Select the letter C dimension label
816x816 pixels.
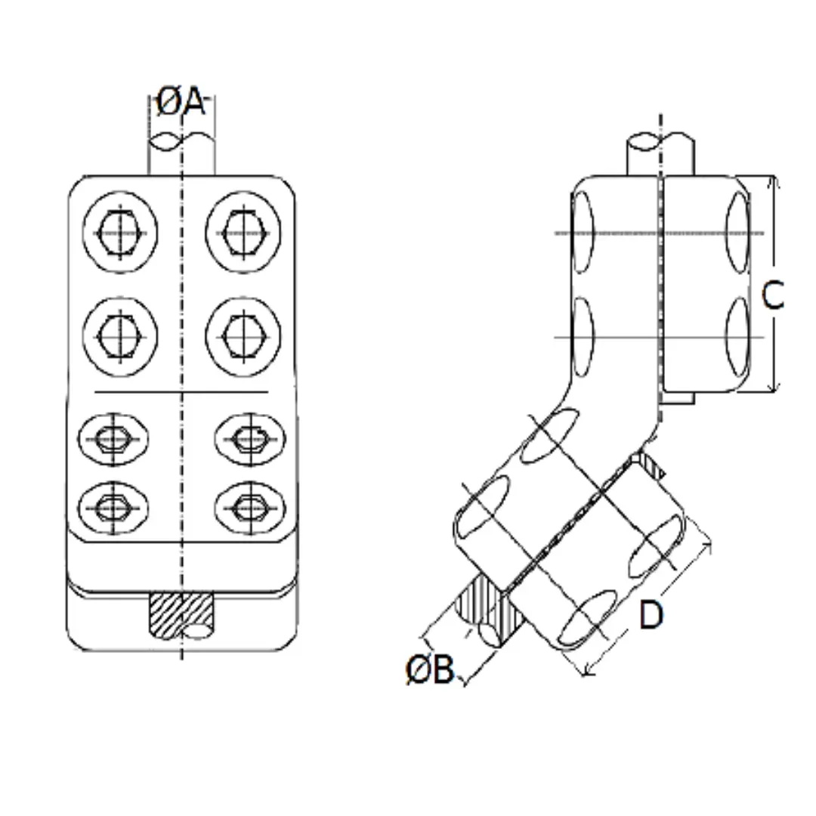pos(772,295)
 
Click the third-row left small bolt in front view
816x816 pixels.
pos(113,437)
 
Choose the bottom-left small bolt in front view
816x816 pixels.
pos(113,507)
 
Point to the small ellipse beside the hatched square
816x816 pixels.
pos(199,631)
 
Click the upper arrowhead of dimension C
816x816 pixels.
pos(771,181)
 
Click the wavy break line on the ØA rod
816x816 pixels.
pos(181,141)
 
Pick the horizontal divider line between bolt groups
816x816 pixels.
pos(181,392)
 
